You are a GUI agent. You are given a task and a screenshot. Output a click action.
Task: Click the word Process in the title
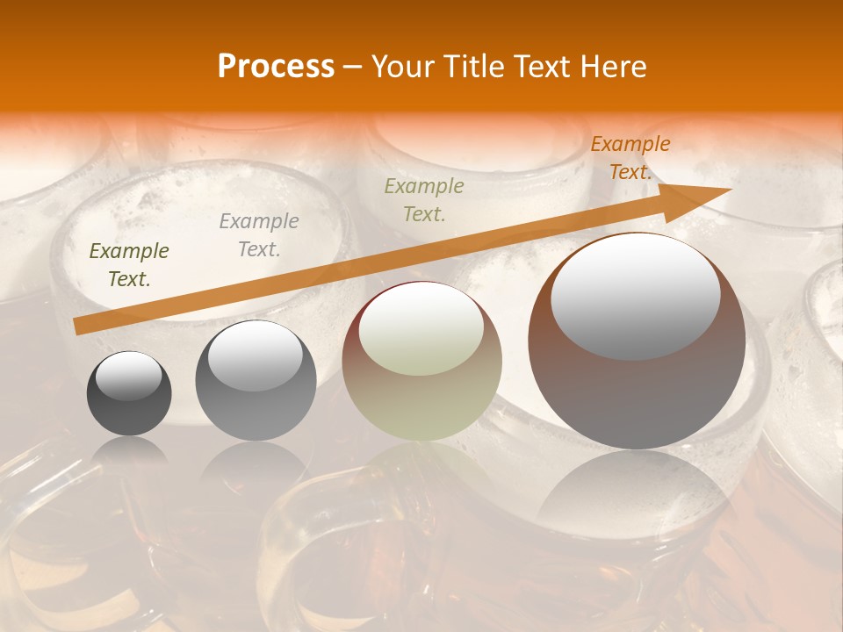276,66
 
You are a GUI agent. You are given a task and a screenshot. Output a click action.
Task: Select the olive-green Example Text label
424,199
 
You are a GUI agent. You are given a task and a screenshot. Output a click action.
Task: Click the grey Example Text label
259,234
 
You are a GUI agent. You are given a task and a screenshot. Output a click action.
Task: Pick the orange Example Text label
630,158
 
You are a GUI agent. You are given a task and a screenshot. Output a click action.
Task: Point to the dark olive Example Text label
129,264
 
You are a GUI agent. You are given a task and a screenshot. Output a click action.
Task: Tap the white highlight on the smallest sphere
128,376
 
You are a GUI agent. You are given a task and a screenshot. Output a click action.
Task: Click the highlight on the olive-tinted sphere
421,329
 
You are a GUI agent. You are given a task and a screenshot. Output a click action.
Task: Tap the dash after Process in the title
352,67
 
